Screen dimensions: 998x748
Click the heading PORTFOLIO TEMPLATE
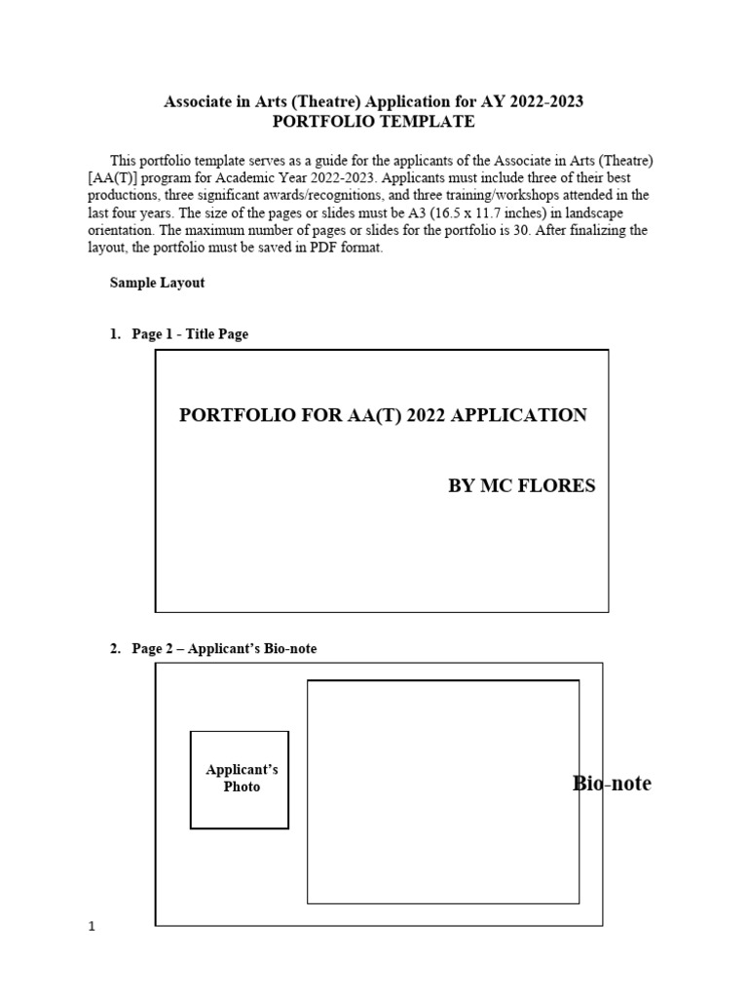pyautogui.click(x=374, y=122)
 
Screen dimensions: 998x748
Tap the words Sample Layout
pyautogui.click(x=157, y=283)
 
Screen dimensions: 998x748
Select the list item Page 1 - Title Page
pyautogui.click(x=190, y=334)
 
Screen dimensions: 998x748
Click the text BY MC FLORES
pyautogui.click(x=521, y=486)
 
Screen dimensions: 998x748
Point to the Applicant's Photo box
pyautogui.click(x=240, y=780)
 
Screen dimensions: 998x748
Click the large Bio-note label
pyautogui.click(x=612, y=784)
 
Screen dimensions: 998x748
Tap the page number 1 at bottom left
pyautogui.click(x=93, y=928)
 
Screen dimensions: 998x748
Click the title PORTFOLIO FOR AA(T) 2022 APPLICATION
pyautogui.click(x=383, y=415)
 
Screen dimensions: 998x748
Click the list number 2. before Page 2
pyautogui.click(x=115, y=649)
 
